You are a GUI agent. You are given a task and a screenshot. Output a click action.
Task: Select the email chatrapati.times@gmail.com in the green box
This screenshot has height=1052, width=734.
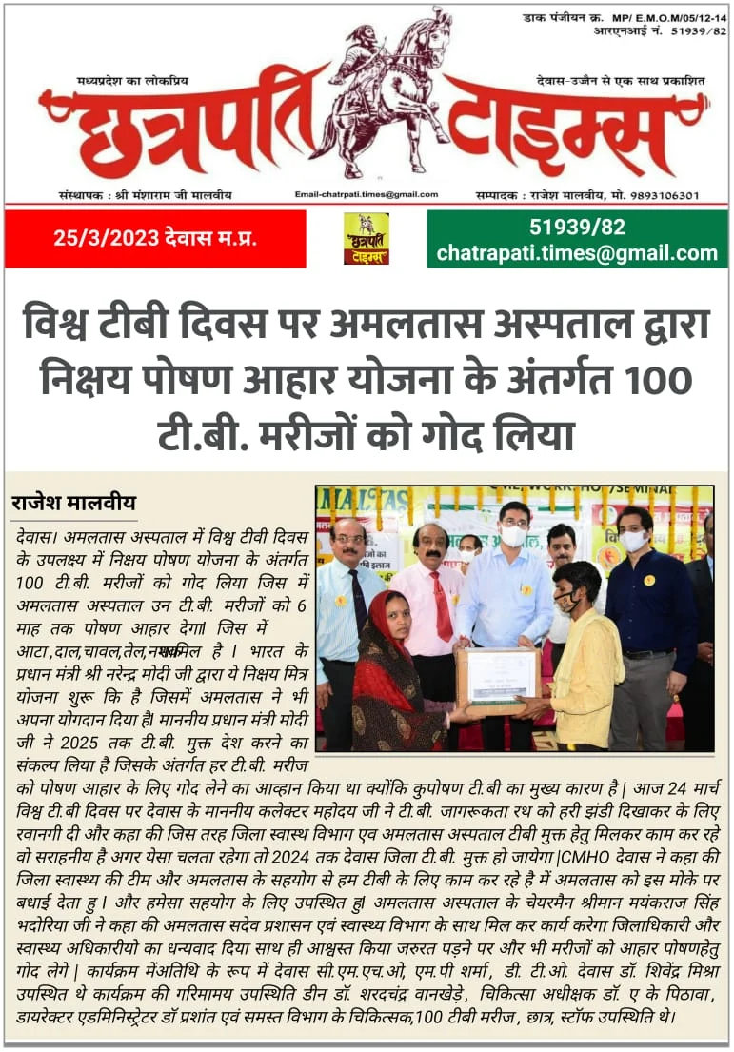[577, 253]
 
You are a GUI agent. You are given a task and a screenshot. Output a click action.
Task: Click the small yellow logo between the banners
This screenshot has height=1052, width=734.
[366, 238]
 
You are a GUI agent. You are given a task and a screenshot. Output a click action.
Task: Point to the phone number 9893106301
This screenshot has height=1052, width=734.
[662, 195]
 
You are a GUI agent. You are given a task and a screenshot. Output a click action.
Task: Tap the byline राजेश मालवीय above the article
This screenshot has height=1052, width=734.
[73, 503]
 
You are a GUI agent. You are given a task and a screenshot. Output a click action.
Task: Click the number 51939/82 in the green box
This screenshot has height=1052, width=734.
[577, 228]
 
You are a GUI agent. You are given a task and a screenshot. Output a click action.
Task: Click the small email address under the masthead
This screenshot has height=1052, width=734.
[367, 194]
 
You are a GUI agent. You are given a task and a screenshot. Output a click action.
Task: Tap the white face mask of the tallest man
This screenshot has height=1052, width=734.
[514, 535]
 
